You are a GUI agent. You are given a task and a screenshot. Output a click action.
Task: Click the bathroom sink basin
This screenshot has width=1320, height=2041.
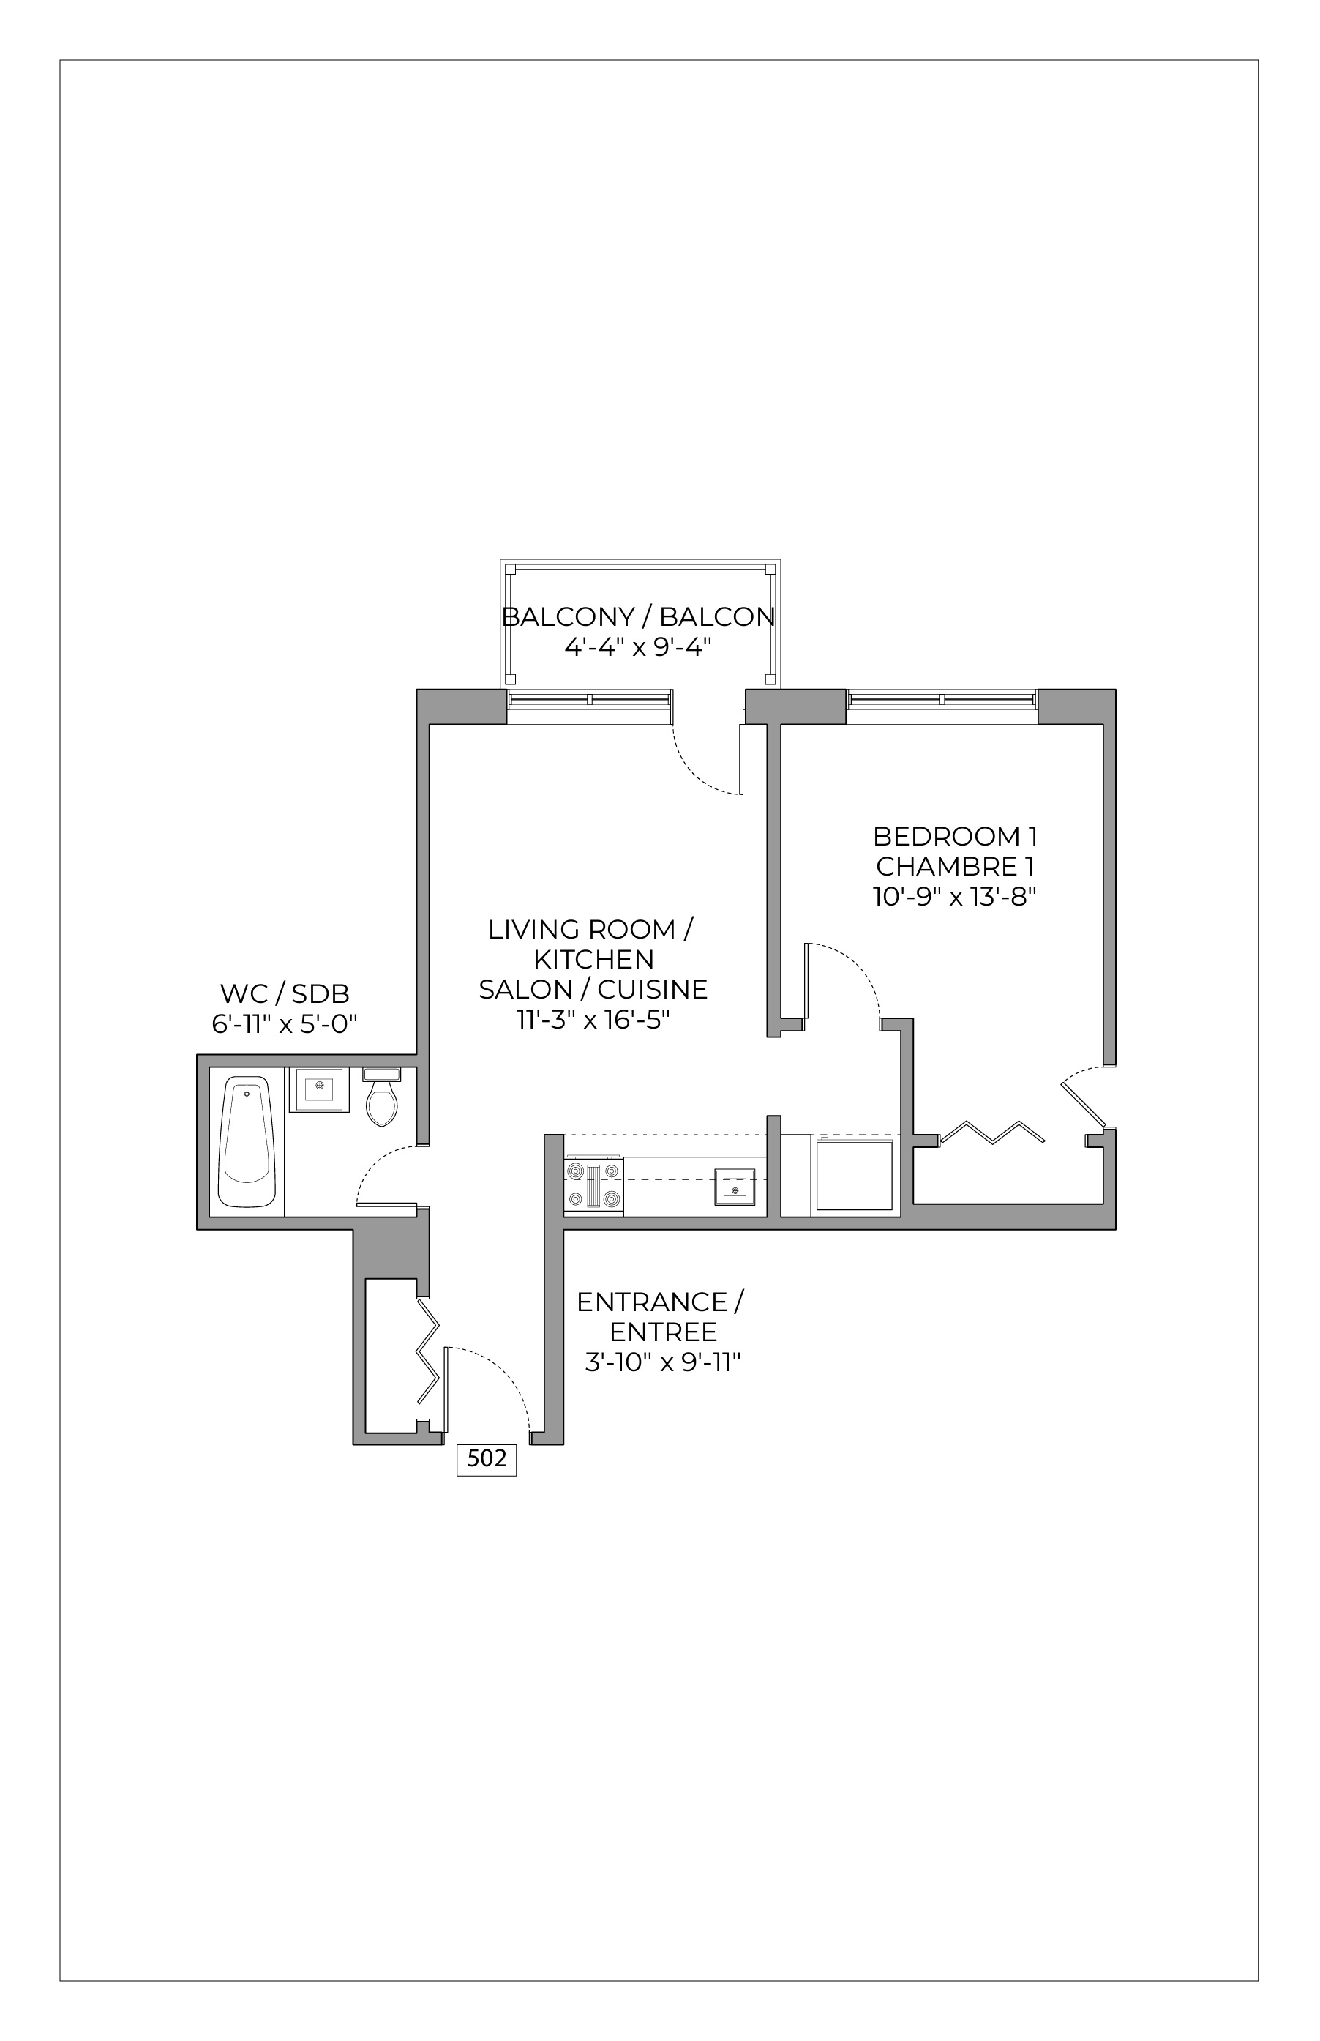click(x=319, y=1089)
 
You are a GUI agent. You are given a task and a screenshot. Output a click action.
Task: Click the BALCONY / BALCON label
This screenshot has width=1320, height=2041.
click(x=638, y=616)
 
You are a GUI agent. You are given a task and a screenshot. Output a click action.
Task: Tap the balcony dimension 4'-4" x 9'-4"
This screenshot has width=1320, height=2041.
click(x=638, y=646)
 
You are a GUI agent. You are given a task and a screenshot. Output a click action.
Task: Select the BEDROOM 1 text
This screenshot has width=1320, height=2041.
click(x=955, y=835)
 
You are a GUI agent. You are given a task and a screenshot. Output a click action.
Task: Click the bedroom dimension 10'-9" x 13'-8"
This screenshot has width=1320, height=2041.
click(x=955, y=897)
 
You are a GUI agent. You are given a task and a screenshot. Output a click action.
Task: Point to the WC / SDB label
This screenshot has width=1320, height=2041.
click(x=285, y=993)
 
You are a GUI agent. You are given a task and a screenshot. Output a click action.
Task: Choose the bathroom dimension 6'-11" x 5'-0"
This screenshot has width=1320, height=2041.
click(x=285, y=1023)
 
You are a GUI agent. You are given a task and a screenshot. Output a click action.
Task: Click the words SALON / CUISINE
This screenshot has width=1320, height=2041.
click(x=593, y=989)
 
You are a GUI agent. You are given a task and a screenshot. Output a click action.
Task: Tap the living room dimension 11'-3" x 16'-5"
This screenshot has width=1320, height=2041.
click(x=593, y=1019)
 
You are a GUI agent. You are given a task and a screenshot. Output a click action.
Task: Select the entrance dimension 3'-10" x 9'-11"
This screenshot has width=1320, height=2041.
click(x=661, y=1362)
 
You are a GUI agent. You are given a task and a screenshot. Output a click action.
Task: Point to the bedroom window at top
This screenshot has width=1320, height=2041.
click(x=941, y=699)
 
